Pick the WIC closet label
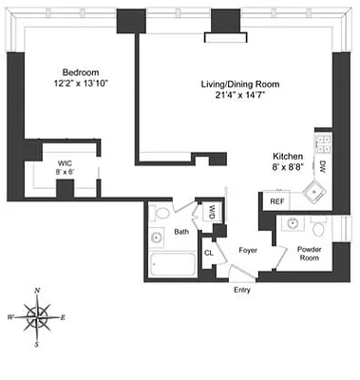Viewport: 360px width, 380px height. (65, 162)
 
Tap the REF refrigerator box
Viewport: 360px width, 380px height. (276, 201)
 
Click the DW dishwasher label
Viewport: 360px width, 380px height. (322, 167)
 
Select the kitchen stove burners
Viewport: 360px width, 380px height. (322, 144)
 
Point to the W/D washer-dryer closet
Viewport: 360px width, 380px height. (212, 213)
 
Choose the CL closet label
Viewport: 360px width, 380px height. (208, 253)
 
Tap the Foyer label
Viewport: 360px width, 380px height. (248, 251)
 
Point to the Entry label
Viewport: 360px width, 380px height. (242, 290)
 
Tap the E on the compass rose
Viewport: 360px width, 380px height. (63, 315)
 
